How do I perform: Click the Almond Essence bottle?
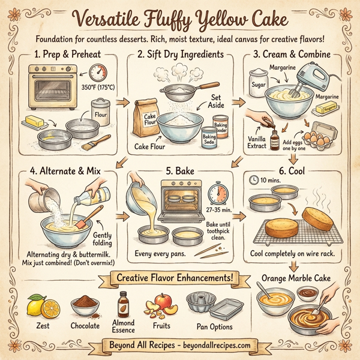pyautogui.click(x=124, y=305)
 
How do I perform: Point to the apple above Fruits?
pyautogui.click(x=164, y=299)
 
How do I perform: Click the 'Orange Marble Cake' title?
pyautogui.click(x=295, y=279)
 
